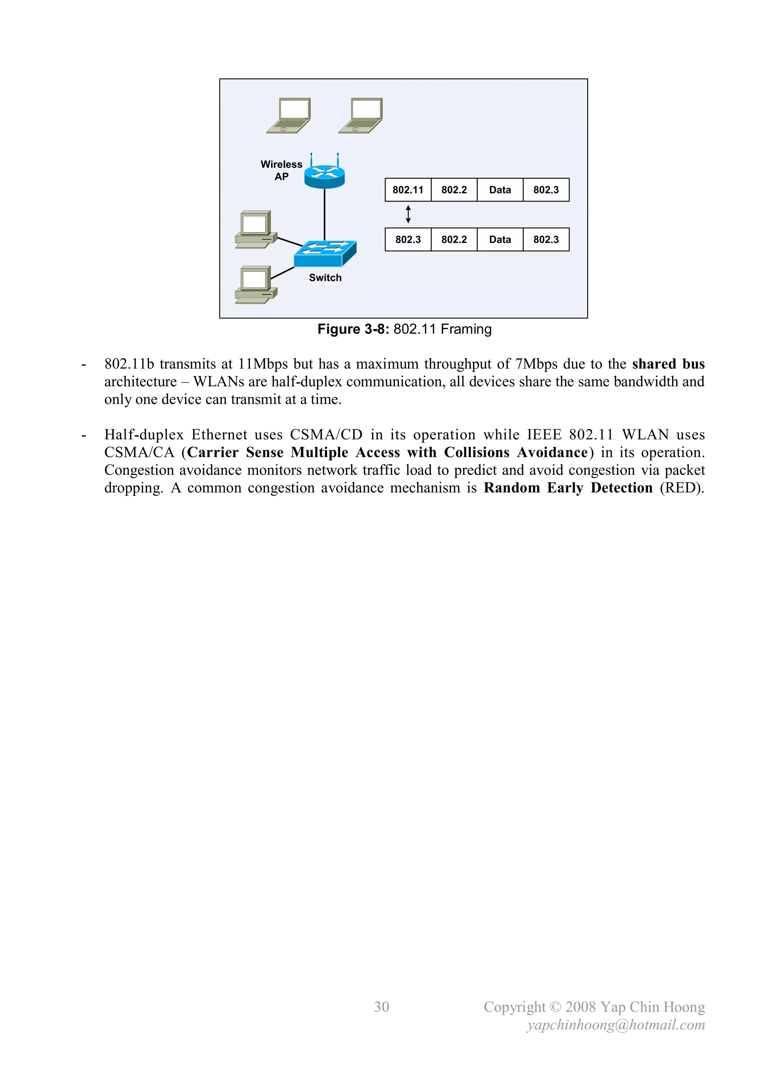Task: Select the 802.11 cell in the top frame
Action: [408, 190]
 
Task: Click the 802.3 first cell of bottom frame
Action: [408, 240]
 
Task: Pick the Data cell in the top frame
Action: [500, 190]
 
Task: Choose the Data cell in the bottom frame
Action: [500, 240]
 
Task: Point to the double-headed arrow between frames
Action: [408, 214]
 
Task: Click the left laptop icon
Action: [289, 116]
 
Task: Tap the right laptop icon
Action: [361, 116]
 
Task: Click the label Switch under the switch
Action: [325, 278]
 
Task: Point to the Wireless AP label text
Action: [281, 170]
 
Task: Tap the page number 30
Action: [381, 1007]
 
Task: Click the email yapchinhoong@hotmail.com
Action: [616, 1025]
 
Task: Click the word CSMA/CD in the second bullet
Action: [326, 435]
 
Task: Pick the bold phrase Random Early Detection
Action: [568, 488]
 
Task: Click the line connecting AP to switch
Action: [324, 214]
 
